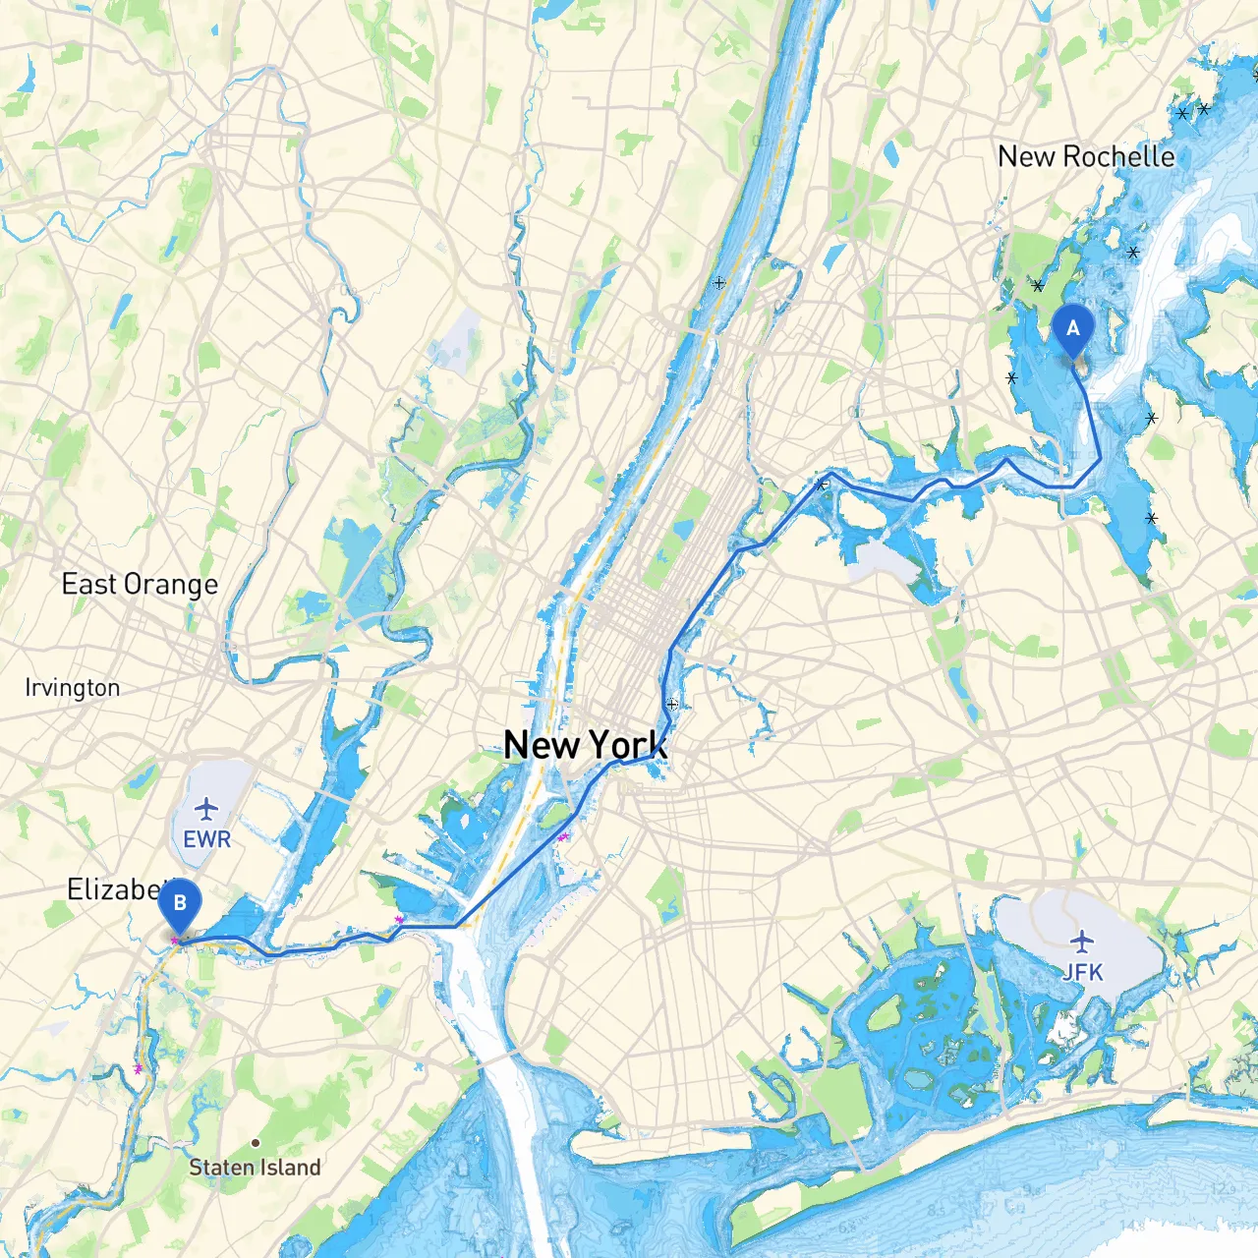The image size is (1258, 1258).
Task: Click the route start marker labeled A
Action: click(1072, 329)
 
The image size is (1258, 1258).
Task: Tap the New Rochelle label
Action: click(1086, 157)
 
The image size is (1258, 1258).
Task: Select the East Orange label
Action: click(140, 585)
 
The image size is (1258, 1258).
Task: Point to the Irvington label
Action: click(73, 688)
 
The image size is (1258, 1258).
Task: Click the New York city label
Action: click(586, 745)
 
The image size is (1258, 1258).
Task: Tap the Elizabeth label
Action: click(113, 889)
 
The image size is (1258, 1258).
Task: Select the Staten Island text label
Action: click(255, 1168)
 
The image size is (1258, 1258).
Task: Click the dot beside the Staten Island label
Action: click(256, 1143)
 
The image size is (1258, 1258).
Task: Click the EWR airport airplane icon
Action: click(206, 809)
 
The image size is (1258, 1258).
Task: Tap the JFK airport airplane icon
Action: click(1082, 941)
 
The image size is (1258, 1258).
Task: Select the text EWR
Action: click(207, 839)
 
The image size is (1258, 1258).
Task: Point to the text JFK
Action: click(1082, 972)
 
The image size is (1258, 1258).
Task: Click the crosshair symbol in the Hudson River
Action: click(719, 283)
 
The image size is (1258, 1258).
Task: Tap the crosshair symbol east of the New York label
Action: click(672, 704)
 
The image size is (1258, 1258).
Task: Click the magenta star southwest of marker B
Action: click(138, 1068)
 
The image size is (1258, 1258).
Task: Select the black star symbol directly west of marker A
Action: click(1011, 377)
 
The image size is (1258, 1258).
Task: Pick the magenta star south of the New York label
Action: click(562, 837)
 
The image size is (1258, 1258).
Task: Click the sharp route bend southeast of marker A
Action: click(1100, 459)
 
